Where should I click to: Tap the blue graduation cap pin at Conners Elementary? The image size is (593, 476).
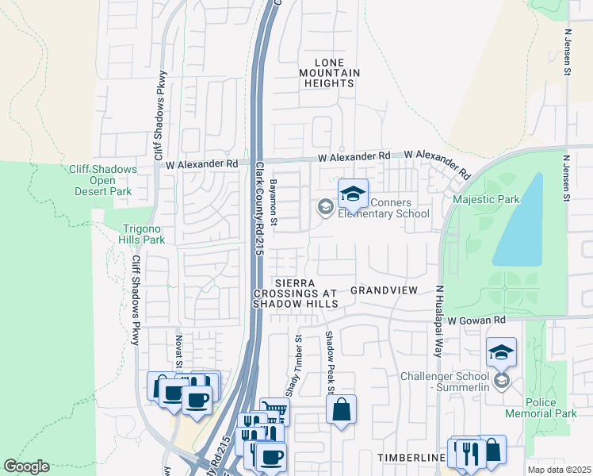pos(354,193)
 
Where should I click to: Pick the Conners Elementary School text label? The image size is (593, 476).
pos(384,208)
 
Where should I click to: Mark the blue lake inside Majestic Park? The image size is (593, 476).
pos(520,222)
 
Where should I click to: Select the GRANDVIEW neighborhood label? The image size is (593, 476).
pos(384,290)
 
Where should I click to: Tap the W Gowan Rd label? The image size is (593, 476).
pos(476,321)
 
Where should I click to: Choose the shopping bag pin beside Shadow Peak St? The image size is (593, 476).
pos(341,410)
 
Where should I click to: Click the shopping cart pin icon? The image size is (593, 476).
pos(274,412)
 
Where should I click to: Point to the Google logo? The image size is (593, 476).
pos(26,466)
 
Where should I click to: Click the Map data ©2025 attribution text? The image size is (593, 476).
pos(558,470)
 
